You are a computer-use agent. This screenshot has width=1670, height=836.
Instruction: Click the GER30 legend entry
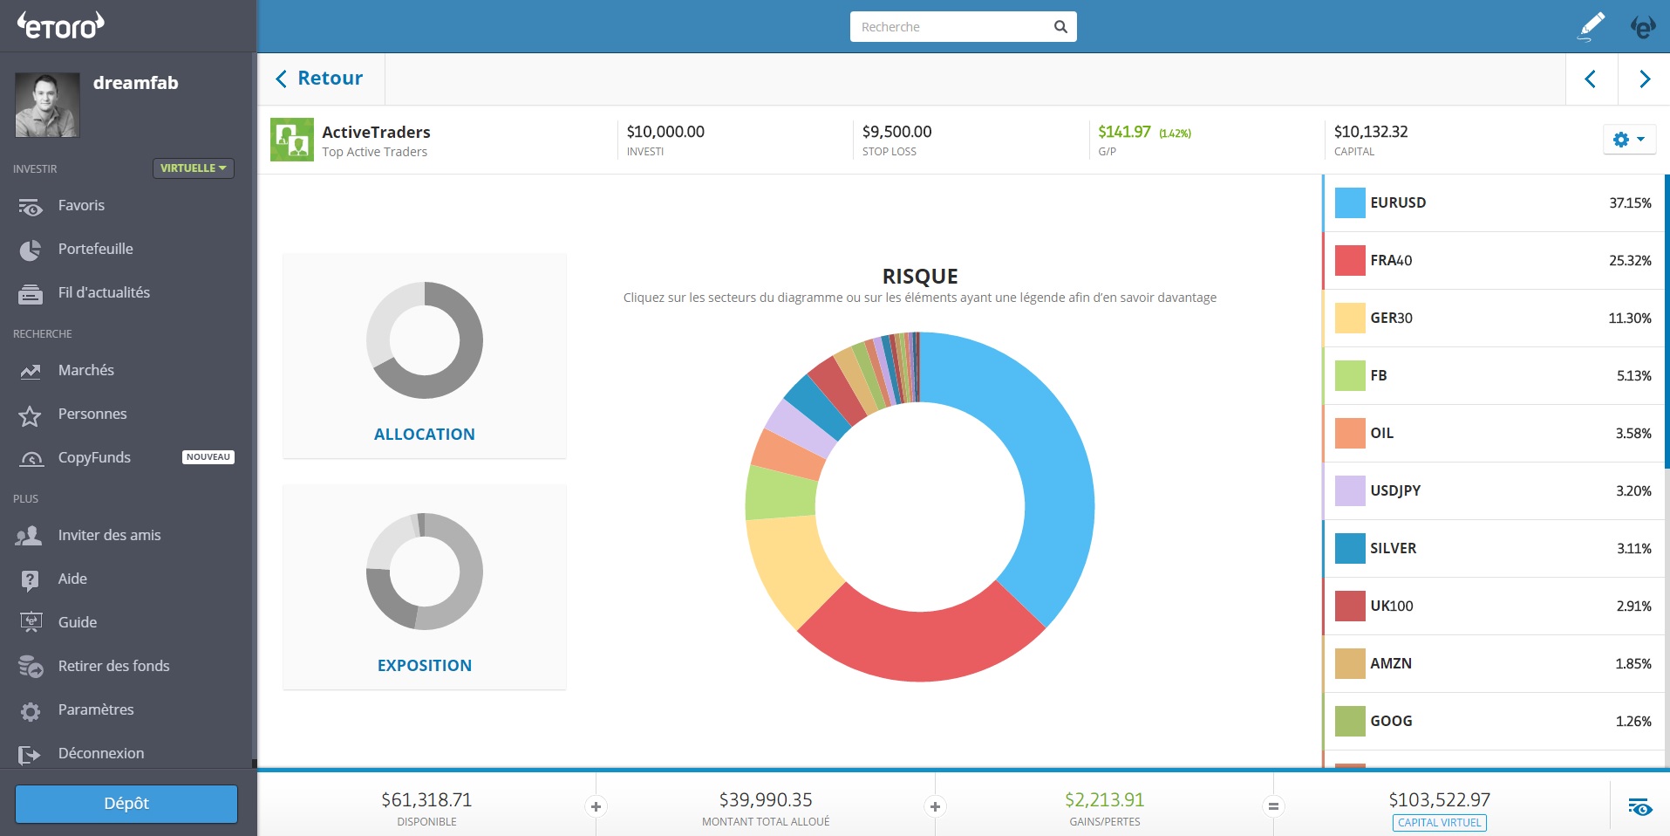point(1391,318)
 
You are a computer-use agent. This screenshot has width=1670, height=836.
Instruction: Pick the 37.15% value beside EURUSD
point(1629,202)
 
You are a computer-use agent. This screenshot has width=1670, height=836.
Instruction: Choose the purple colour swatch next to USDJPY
point(1349,490)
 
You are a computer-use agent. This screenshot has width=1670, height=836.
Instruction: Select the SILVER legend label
point(1393,548)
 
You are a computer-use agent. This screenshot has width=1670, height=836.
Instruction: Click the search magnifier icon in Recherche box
point(1060,27)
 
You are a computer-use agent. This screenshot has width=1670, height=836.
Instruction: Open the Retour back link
point(320,79)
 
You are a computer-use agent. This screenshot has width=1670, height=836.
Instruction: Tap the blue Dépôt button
point(126,804)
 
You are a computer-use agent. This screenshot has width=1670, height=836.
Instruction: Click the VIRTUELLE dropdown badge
point(193,168)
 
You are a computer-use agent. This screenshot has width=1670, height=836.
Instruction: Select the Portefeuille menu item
point(95,249)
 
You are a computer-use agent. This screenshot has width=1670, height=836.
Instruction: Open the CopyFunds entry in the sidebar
point(94,457)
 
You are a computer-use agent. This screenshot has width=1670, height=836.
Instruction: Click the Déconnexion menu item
point(100,753)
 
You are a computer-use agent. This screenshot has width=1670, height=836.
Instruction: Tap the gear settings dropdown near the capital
point(1628,140)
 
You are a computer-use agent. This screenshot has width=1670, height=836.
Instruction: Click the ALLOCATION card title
point(424,434)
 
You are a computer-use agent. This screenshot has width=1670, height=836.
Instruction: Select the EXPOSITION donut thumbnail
point(424,572)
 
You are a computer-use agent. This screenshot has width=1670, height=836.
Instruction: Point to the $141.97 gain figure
point(1123,132)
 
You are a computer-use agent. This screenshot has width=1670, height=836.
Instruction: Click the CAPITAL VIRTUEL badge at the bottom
point(1439,822)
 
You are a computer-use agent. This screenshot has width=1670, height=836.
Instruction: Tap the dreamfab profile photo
point(47,105)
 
